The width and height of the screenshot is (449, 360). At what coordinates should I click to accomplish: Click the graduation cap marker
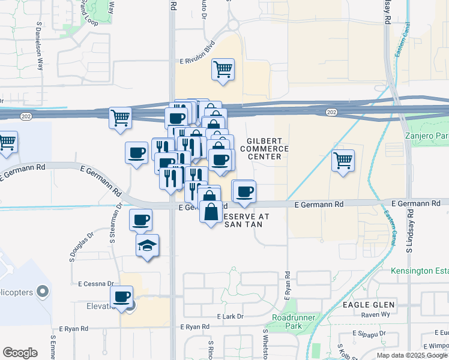(x=147, y=245)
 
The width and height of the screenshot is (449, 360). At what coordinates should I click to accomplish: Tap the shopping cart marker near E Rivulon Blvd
(x=223, y=68)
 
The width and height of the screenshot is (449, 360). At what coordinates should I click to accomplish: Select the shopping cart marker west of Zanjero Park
(x=343, y=160)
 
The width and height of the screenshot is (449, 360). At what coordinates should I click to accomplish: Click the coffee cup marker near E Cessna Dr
(x=122, y=296)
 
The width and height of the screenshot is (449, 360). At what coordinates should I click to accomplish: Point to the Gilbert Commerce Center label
(x=265, y=148)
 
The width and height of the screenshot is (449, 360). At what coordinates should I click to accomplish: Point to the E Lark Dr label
(x=230, y=316)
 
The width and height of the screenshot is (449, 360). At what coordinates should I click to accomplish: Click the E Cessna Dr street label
(x=95, y=283)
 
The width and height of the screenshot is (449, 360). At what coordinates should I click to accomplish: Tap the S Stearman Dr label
(x=112, y=224)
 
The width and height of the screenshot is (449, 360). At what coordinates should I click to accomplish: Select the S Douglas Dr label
(x=81, y=246)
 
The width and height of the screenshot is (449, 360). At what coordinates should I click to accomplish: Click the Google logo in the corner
(x=20, y=353)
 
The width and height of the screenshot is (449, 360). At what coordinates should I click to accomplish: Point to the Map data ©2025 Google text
(x=412, y=355)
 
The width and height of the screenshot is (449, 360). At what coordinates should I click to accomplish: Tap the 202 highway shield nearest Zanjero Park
(x=332, y=112)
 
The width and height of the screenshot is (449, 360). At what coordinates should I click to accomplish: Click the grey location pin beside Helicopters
(x=42, y=292)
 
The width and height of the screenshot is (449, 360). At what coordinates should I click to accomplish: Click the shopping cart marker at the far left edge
(x=7, y=142)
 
